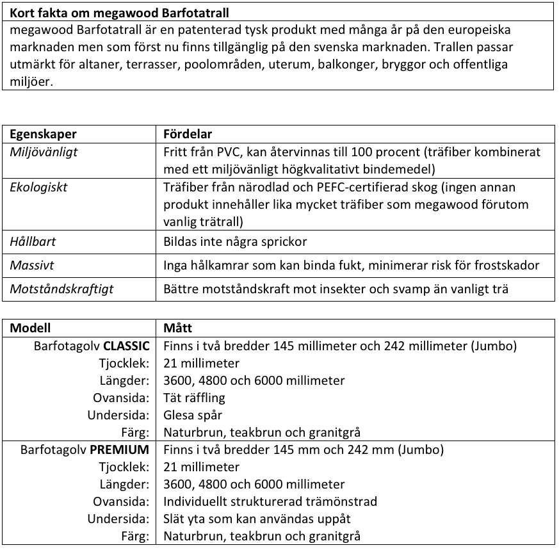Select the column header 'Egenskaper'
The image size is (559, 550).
click(x=43, y=134)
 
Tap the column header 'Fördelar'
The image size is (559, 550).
click(x=188, y=134)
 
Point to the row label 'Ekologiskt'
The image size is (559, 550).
click(x=38, y=188)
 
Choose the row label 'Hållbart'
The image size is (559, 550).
click(x=34, y=243)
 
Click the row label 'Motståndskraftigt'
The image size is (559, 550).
click(x=61, y=289)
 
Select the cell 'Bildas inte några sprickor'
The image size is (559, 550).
click(x=235, y=243)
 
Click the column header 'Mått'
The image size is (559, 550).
click(x=177, y=328)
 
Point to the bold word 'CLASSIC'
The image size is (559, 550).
click(x=126, y=346)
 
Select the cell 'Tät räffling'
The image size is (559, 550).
click(x=195, y=398)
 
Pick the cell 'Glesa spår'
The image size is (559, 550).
click(x=193, y=416)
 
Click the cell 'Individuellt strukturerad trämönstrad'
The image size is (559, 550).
click(x=270, y=502)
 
